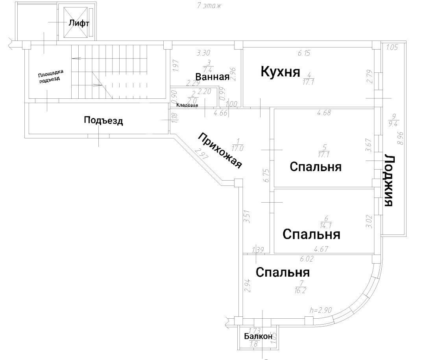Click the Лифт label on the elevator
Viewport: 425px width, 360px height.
(79, 23)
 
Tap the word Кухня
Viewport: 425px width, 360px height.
(280, 72)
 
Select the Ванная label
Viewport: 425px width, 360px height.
(212, 77)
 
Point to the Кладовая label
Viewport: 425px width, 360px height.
(187, 105)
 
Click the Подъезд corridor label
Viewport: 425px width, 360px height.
(103, 120)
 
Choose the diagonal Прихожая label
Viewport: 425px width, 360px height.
(220, 151)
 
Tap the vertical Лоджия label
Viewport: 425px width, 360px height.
(389, 180)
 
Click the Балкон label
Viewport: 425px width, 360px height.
(258, 336)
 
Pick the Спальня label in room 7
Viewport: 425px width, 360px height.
(283, 272)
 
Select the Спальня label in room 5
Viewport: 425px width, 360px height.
(315, 166)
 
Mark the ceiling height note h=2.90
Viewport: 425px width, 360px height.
(321, 310)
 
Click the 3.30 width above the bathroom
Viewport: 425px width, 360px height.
(203, 52)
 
